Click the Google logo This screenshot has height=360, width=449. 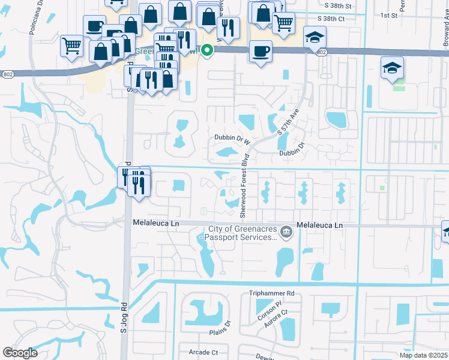pos(19,353)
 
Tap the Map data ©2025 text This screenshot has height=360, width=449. pos(423,355)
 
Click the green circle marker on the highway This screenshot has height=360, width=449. pos(207,50)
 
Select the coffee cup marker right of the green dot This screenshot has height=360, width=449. pos(260,52)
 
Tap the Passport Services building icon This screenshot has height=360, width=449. pos(286,231)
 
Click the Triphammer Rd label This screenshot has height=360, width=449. pos(273,294)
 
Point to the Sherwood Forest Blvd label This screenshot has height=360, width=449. pos(244,187)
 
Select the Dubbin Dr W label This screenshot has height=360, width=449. pos(232,138)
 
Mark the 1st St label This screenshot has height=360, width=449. pos(390,15)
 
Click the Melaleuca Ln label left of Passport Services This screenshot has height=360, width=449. pos(155,223)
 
